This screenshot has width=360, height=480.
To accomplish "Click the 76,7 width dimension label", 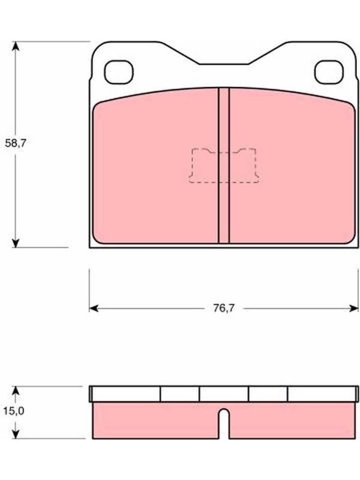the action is click(224, 308).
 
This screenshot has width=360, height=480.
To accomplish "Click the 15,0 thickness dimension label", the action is click(14, 411).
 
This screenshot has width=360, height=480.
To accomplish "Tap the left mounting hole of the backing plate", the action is click(119, 72).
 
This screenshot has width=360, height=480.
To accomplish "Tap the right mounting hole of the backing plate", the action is click(329, 72).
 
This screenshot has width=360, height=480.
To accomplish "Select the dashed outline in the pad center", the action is click(224, 166).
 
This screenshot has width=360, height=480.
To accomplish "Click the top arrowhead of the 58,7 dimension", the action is click(16, 46).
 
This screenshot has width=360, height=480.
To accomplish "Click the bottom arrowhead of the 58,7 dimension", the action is click(16, 243).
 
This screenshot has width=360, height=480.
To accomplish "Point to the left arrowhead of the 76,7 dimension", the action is click(94, 308).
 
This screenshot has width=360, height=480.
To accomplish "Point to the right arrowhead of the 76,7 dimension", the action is click(353, 308).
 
